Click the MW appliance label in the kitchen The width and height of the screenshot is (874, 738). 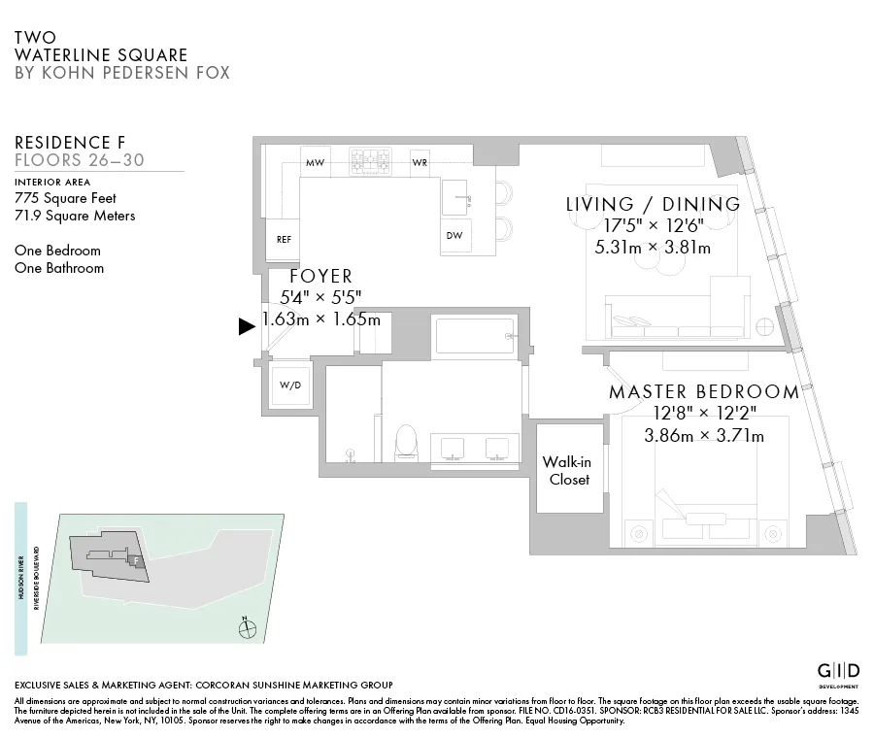315,162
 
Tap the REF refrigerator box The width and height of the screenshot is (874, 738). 284,238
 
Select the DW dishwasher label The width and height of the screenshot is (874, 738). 454,236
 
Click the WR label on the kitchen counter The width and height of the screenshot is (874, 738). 420,162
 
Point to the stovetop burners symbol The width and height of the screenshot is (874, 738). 369,160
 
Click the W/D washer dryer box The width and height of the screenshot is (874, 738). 290,385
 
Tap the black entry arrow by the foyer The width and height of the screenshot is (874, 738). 247,327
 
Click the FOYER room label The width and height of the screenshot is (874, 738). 320,277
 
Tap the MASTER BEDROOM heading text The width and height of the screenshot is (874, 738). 703,392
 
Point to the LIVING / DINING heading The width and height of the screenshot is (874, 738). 653,204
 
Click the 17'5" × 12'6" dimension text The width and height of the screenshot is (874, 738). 653,226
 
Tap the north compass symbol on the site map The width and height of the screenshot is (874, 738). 249,628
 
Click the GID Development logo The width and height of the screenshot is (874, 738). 838,671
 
